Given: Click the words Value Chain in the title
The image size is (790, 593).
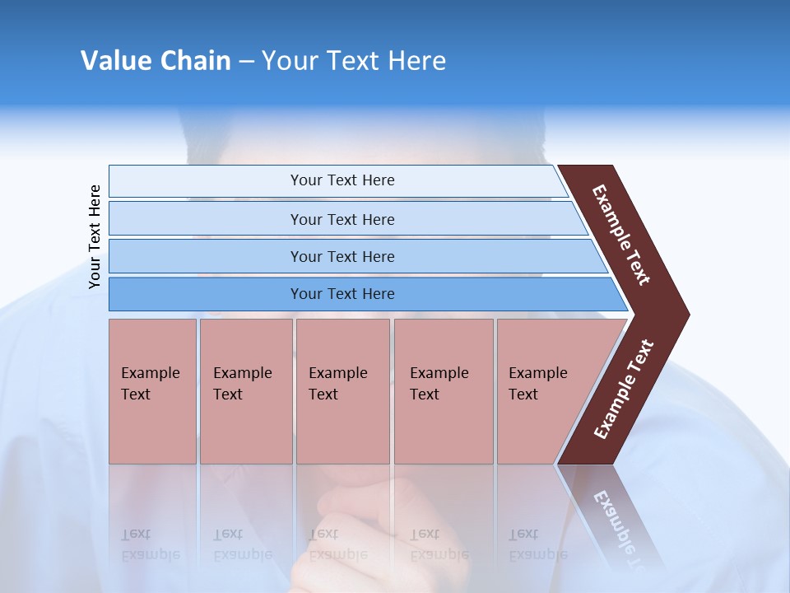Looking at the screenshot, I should point(156,61).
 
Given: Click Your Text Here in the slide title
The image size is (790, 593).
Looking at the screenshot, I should point(354,61).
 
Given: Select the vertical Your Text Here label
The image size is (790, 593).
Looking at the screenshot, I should point(95,236).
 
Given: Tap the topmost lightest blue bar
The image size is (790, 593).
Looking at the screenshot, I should point(342,180).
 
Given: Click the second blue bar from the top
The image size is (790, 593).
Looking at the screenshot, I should point(342,219).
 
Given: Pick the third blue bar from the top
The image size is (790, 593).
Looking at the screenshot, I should point(342,257).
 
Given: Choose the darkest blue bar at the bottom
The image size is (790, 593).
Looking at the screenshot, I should point(342,294).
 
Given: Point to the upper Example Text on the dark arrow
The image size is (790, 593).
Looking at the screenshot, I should point(621,235).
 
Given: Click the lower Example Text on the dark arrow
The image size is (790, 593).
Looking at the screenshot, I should point(624,390).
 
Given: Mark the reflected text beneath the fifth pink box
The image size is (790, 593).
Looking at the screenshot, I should point(537,544).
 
